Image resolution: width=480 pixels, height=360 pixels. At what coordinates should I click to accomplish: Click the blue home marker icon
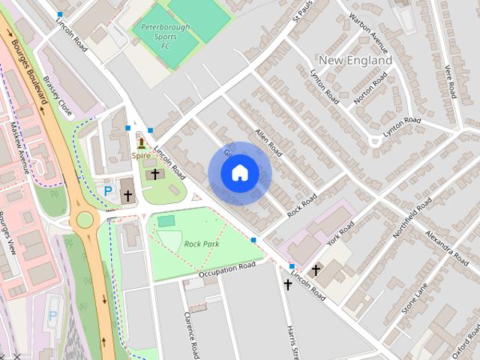click(239, 173)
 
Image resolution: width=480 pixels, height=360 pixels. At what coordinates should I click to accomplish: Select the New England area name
click(355, 60)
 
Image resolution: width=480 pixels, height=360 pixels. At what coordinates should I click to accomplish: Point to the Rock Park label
click(201, 244)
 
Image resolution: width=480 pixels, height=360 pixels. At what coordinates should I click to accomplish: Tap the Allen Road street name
click(268, 142)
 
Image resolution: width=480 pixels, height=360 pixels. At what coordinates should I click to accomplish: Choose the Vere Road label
click(450, 81)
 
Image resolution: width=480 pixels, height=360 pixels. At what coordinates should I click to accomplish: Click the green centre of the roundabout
click(84, 220)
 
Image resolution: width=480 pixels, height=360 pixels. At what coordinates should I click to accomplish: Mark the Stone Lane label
click(414, 298)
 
